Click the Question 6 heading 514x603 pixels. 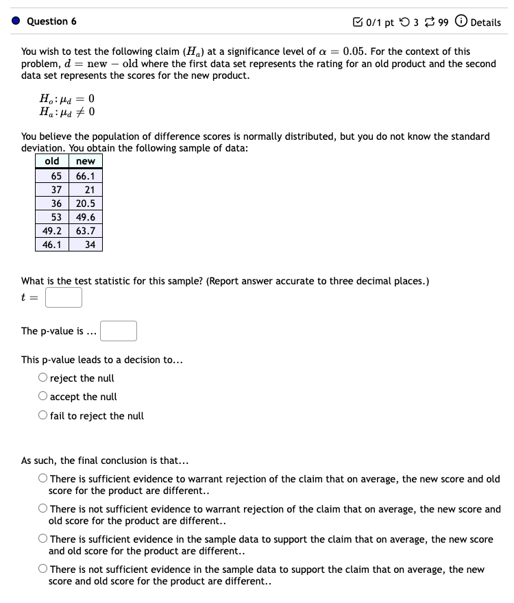51,22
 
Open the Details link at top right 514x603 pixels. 485,23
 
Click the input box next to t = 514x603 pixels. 64,297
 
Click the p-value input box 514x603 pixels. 119,331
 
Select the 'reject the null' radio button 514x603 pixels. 43,378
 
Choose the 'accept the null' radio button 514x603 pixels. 43,397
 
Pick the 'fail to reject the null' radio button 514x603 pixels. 43,416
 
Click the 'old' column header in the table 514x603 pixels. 52,162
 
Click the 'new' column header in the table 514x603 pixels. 86,162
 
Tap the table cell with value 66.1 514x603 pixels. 86,176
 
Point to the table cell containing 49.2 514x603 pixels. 52,231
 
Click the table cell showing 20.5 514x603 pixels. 86,204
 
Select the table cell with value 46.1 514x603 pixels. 52,245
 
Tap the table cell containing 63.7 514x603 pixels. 86,231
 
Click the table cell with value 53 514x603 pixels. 52,217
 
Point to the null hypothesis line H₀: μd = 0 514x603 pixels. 66,98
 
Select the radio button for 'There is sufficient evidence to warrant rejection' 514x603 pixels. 43,479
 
